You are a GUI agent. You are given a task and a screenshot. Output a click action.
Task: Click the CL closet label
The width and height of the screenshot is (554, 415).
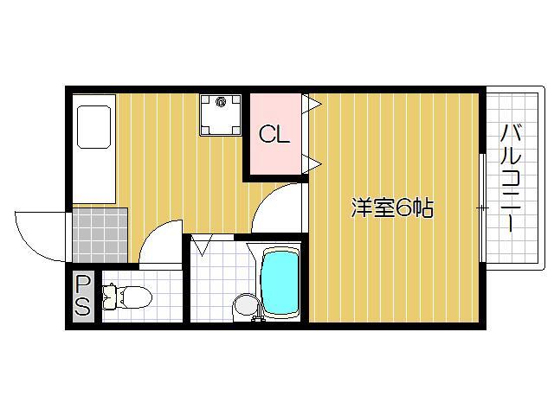275,135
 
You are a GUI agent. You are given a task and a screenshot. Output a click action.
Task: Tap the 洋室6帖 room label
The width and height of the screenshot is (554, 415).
391,208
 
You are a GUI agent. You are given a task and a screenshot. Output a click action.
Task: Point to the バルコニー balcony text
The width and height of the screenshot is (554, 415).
510,178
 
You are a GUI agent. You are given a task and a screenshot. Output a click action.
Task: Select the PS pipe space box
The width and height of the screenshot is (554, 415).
83,297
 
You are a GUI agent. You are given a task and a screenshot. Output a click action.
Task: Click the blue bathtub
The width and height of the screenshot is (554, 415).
279,284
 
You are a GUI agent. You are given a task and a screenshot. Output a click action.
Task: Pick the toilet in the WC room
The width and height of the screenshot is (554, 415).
126,298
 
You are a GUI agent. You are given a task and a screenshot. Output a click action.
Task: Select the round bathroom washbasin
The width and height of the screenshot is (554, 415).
245,305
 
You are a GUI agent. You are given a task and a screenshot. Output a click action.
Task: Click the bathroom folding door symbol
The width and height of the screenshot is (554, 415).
203,246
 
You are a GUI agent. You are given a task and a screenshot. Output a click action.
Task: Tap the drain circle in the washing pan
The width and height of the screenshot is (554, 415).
221,103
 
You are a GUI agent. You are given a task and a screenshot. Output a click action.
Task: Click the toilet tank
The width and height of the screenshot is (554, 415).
109,298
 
